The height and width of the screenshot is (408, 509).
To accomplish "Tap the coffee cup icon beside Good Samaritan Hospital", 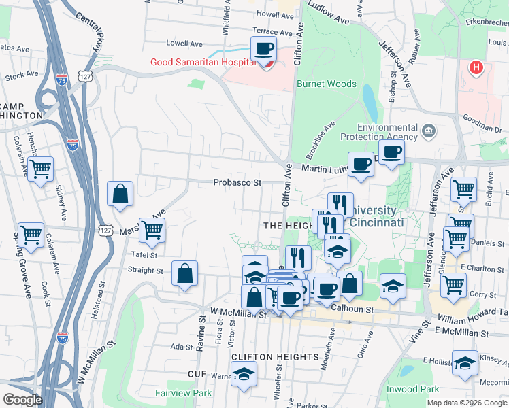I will (263, 49).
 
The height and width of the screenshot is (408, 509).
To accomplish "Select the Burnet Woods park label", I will (326, 84).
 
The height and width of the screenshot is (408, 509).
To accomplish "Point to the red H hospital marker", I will (476, 68).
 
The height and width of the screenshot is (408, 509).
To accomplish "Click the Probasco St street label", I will (237, 182).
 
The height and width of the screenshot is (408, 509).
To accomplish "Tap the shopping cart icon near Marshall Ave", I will (151, 230).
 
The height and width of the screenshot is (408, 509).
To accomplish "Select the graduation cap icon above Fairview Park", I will (243, 373).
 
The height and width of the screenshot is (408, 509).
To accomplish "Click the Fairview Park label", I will (183, 393).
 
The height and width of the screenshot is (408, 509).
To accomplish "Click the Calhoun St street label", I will (353, 309).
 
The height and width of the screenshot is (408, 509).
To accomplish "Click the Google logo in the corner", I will (22, 399).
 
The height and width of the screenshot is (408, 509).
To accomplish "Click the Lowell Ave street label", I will (185, 44).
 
